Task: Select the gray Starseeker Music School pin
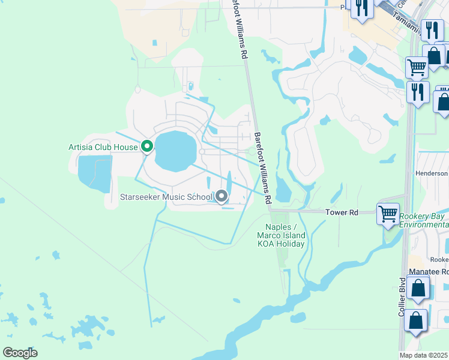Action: tap(222, 196)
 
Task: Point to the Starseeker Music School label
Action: tap(166, 197)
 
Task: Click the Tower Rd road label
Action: tap(342, 212)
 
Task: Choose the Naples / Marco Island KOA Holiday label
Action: tap(282, 235)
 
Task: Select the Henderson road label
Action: tap(432, 173)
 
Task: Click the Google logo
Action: tap(20, 352)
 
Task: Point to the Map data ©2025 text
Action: tap(424, 355)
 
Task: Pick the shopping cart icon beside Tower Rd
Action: tap(388, 213)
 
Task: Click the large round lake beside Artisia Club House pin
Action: tap(176, 151)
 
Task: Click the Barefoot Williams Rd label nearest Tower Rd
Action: tap(264, 167)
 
